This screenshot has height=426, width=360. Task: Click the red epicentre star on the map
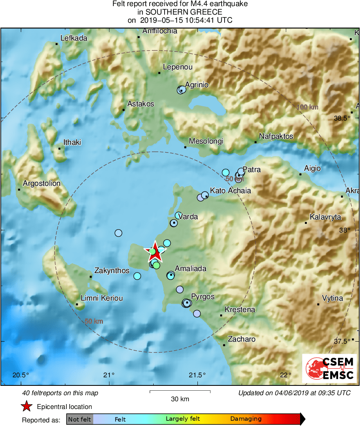coord(155,252)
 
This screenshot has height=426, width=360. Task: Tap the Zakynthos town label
coord(111,271)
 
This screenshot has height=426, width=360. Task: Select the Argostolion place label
coord(41,183)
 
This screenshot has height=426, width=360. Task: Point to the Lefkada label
coord(73,38)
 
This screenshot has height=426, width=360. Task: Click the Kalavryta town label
coord(325,217)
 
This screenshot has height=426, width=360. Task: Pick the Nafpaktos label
coord(276,136)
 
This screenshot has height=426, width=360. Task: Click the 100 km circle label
coord(307,107)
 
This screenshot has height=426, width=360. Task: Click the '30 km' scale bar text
coord(180,399)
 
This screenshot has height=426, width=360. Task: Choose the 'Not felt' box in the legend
coord(79,419)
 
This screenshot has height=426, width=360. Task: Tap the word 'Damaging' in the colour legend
coord(246,419)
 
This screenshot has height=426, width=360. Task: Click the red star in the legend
coord(26,407)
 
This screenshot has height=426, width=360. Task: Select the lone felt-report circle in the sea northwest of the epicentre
coord(118,233)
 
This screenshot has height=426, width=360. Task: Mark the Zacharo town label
coord(242,339)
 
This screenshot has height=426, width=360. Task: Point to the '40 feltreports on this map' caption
coord(60,393)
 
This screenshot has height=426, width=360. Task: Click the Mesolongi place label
coord(206,141)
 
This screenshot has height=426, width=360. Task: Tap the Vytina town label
coord(332,298)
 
